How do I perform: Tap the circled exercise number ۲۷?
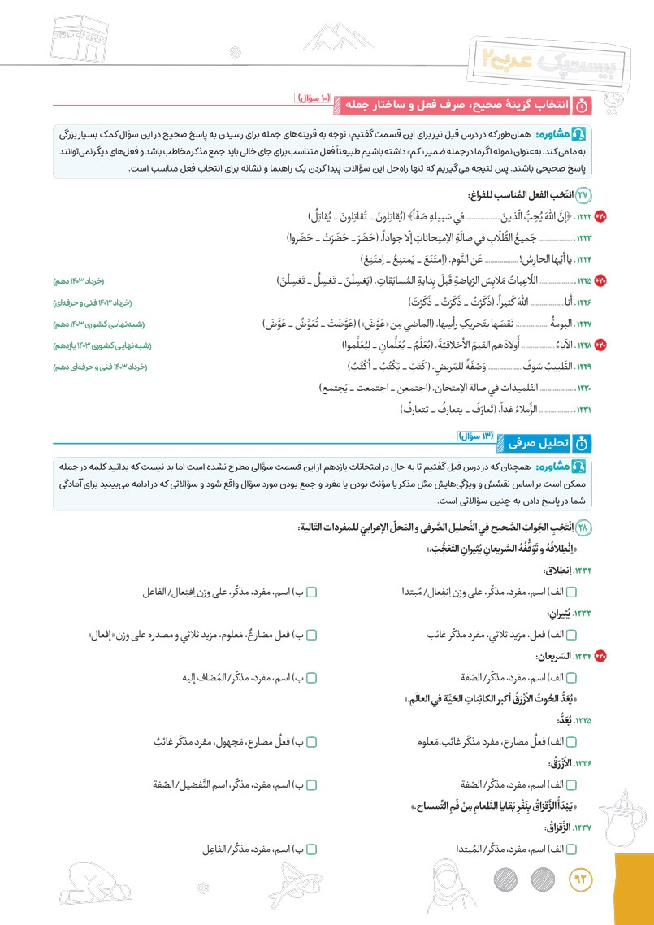[585, 195]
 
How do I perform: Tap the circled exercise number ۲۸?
[585, 528]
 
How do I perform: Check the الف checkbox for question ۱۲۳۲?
[570, 592]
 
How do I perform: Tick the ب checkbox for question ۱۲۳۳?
[311, 634]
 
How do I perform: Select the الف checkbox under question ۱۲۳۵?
[570, 741]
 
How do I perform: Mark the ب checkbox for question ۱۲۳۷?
[311, 849]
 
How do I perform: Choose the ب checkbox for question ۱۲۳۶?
[311, 784]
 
